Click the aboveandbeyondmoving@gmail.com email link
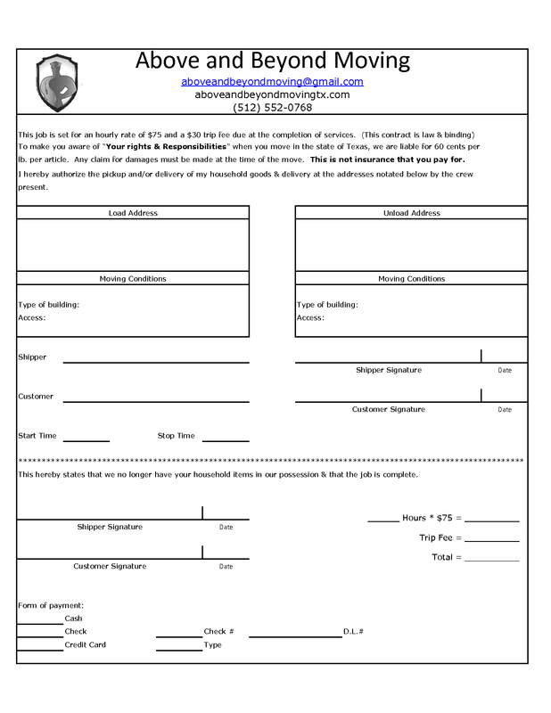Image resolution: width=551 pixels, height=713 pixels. (272, 81)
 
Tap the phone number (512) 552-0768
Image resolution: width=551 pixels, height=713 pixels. (272, 107)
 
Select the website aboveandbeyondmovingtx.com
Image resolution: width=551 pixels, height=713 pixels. (272, 94)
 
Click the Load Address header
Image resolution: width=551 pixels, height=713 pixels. (133, 213)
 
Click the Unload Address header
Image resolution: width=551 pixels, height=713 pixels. (411, 213)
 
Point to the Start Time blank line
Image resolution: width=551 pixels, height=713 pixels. (86, 440)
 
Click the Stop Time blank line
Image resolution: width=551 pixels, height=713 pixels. (226, 440)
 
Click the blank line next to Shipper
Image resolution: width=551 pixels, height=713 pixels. (155, 362)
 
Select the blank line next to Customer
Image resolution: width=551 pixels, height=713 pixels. (155, 401)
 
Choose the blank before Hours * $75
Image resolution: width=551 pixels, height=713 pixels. (382, 520)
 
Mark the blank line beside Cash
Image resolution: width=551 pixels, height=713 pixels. (40, 623)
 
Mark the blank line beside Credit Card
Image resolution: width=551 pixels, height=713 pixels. (40, 650)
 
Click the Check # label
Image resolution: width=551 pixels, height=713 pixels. (218, 632)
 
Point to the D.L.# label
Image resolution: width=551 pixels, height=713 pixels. (353, 632)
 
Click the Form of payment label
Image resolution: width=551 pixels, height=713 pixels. (51, 605)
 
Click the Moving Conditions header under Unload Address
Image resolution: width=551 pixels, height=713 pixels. (411, 279)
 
